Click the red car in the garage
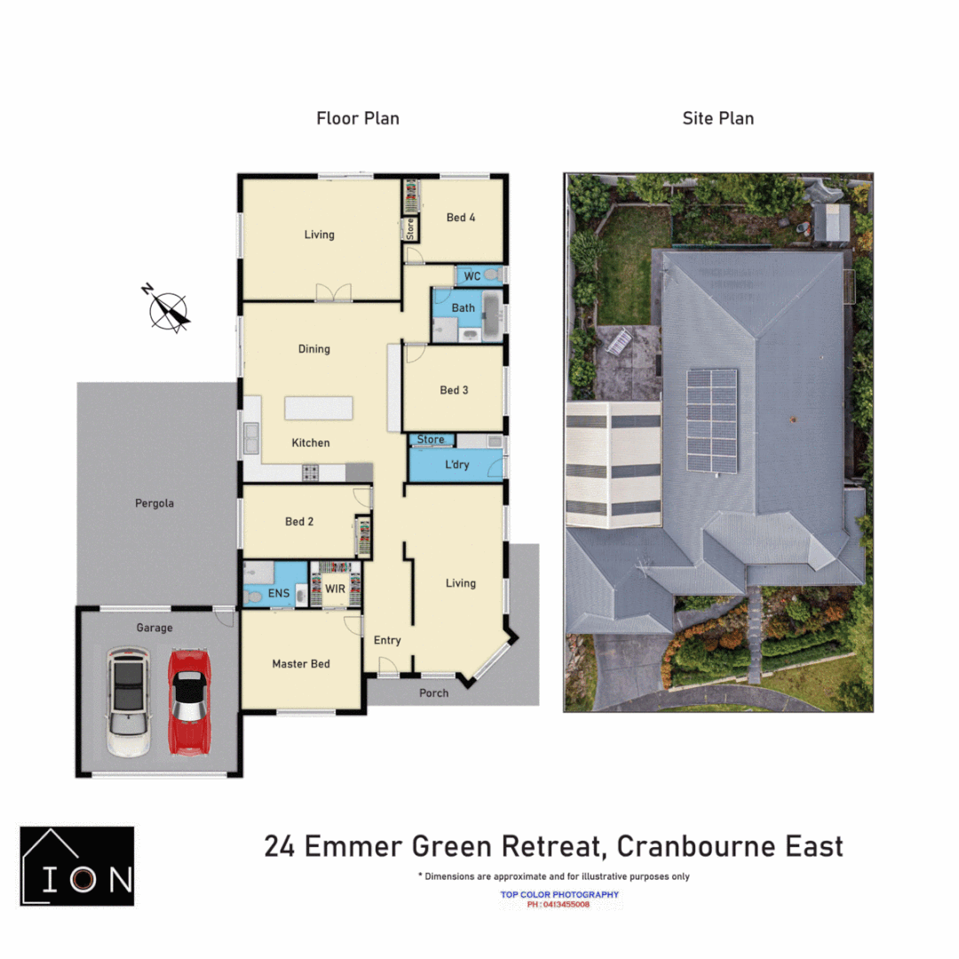[x=188, y=701]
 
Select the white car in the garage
[x=128, y=701]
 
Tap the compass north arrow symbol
[x=168, y=308]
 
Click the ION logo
[x=77, y=866]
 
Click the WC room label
[x=472, y=276]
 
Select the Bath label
[x=464, y=308]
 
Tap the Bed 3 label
[x=454, y=390]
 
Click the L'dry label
[x=457, y=465]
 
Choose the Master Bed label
[x=301, y=663]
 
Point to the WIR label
[x=335, y=588]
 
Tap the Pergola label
[x=155, y=503]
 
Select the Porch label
[x=434, y=693]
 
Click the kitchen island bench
[x=318, y=408]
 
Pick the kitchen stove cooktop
[x=311, y=472]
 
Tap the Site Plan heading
[x=717, y=118]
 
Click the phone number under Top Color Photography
[x=559, y=904]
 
